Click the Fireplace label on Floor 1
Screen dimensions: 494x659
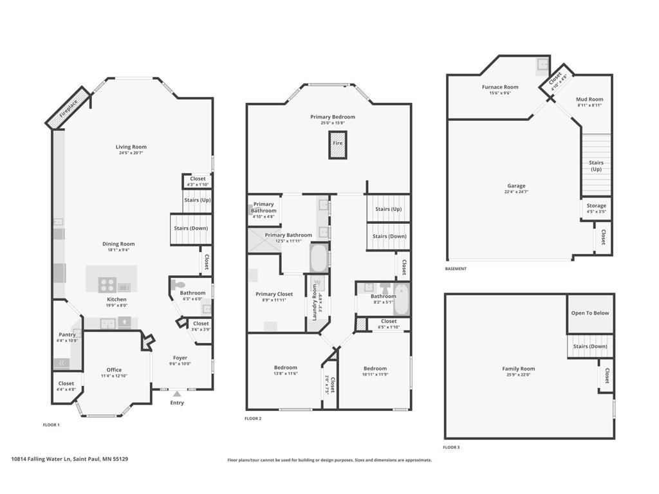(x=69, y=107)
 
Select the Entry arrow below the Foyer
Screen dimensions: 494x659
(x=177, y=393)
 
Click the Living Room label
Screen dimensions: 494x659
(x=131, y=147)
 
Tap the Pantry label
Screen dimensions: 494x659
(x=67, y=334)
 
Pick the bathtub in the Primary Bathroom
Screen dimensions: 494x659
(x=319, y=258)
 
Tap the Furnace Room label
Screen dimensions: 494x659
(x=500, y=87)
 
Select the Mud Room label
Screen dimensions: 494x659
(x=589, y=100)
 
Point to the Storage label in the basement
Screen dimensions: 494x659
(x=596, y=206)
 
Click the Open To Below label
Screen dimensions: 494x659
(x=589, y=313)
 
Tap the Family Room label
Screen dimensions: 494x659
(x=518, y=369)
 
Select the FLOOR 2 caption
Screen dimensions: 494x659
(x=253, y=419)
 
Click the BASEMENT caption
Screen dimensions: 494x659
(x=456, y=269)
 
